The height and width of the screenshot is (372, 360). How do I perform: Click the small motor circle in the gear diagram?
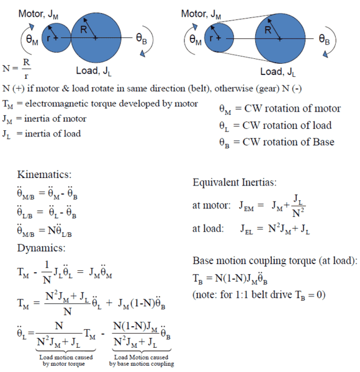57,37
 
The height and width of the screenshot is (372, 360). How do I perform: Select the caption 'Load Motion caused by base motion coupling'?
144,360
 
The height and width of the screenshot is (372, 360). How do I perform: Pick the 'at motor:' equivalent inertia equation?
248,207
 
